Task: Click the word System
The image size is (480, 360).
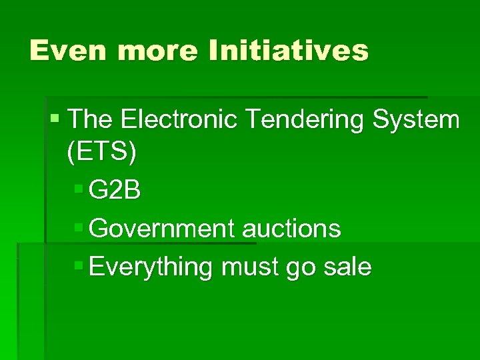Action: [x=416, y=120]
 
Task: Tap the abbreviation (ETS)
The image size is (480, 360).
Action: [x=102, y=153]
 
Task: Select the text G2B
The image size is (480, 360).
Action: [x=115, y=191]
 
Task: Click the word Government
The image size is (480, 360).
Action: [x=162, y=229]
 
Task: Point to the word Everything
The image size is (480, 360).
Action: [x=150, y=267]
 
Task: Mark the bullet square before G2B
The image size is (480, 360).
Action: [x=79, y=189]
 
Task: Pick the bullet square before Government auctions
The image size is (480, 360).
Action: [x=79, y=227]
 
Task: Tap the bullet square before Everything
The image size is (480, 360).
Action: [x=79, y=265]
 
